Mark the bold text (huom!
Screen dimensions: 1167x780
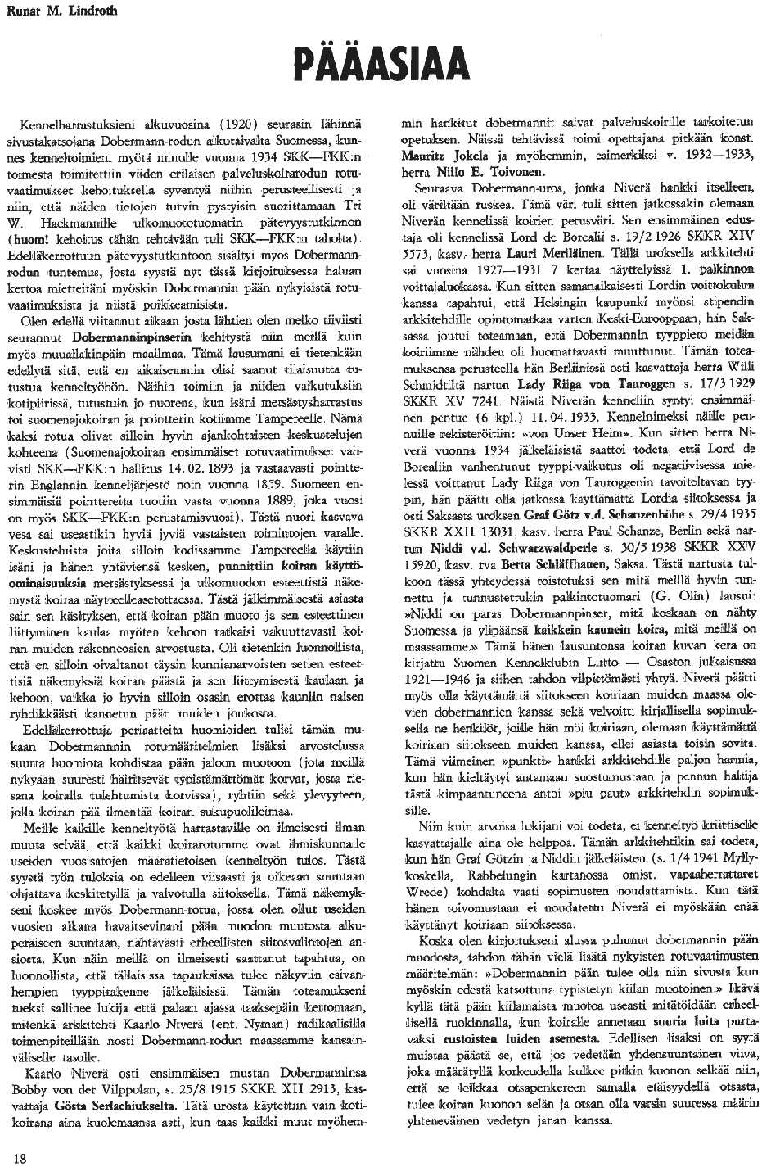(30, 238)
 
